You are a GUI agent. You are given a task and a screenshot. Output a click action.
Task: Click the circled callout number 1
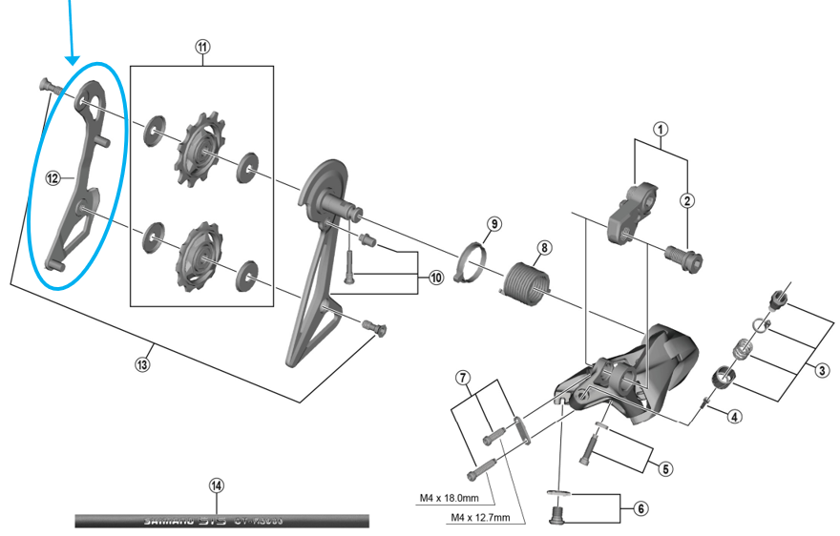tap(661, 129)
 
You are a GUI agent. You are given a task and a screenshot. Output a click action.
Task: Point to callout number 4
tap(734, 416)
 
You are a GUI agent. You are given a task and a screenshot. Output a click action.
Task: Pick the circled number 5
tap(666, 467)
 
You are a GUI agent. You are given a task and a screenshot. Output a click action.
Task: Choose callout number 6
tap(636, 509)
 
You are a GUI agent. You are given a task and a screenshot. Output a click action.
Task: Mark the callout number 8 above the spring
tap(543, 248)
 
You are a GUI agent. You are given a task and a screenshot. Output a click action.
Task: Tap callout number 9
tap(493, 225)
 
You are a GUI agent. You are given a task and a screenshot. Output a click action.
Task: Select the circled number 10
tap(436, 278)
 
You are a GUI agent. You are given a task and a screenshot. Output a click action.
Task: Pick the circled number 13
tap(143, 363)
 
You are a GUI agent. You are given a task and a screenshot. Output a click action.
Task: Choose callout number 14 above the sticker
tap(217, 485)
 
